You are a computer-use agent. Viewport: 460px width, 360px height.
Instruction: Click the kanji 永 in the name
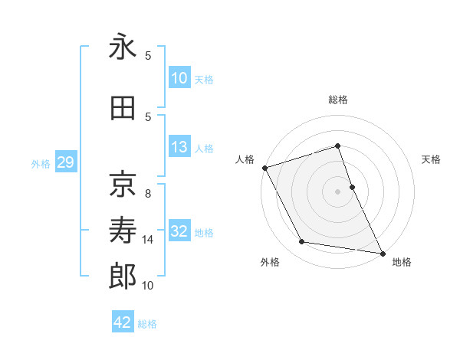pyautogui.click(x=122, y=47)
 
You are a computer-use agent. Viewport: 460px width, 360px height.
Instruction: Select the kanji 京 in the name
pyautogui.click(x=122, y=183)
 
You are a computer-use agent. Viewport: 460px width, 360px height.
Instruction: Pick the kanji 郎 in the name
pyautogui.click(x=122, y=277)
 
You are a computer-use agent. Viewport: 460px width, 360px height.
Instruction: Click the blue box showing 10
pyautogui.click(x=179, y=77)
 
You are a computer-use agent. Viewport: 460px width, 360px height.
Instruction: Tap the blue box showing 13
pyautogui.click(x=179, y=147)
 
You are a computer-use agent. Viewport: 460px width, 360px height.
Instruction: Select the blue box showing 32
pyautogui.click(x=179, y=232)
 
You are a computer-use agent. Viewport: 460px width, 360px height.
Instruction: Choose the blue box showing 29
pyautogui.click(x=66, y=163)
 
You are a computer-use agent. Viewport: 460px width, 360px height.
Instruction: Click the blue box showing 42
pyautogui.click(x=123, y=322)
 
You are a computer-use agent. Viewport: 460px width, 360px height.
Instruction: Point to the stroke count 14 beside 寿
pyautogui.click(x=148, y=240)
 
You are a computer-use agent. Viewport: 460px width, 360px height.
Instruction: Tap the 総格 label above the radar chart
pyautogui.click(x=337, y=100)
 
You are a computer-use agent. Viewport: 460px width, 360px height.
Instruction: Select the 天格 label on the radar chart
pyautogui.click(x=432, y=159)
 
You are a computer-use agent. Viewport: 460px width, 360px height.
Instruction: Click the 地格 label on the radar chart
pyautogui.click(x=402, y=262)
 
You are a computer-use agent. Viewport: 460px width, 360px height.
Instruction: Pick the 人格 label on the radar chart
pyautogui.click(x=245, y=159)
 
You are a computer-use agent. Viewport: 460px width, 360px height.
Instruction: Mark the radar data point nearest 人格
pyautogui.click(x=264, y=167)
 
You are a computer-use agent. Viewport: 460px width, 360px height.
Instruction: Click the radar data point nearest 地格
pyautogui.click(x=382, y=252)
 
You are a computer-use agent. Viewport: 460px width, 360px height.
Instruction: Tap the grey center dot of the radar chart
pyautogui.click(x=337, y=191)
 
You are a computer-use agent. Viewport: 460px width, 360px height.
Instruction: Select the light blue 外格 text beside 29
pyautogui.click(x=40, y=164)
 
